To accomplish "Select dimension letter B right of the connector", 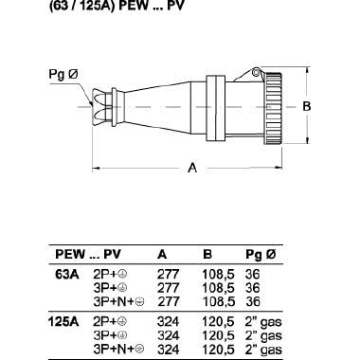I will pos(305,107).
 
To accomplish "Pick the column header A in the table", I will pos(161,255).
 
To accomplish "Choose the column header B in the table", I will pos(207,255).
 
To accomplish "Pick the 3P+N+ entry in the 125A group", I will pos(114,347).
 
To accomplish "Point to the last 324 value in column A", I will pos(167,347).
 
